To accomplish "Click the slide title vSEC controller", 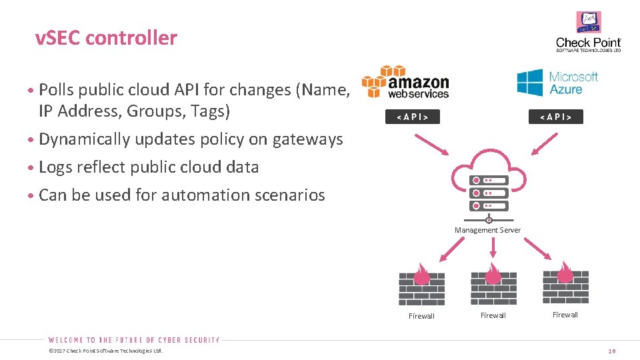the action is coord(106,38).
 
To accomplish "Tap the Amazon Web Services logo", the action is coord(405,82).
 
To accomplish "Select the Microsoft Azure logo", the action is coord(557,83).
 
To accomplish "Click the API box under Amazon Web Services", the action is coord(413,117).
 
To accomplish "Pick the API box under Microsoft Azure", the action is coord(556,117).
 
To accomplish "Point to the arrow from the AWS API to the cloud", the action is coord(432,145).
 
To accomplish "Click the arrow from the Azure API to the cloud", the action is coord(545,144).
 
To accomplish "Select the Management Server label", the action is coord(488,230).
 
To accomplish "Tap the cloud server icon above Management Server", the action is coord(489,186).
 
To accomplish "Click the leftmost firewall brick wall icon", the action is coord(421,285).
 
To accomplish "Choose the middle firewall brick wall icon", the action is coord(493,284).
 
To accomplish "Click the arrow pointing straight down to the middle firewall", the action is coord(493,247).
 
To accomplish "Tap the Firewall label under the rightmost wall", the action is coord(565,315).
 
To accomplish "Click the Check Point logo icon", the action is coord(589,22).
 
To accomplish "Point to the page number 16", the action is coord(612,351).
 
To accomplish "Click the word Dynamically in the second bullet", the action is coord(85,140).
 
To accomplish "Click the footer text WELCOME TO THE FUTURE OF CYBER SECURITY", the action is coord(134,340).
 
